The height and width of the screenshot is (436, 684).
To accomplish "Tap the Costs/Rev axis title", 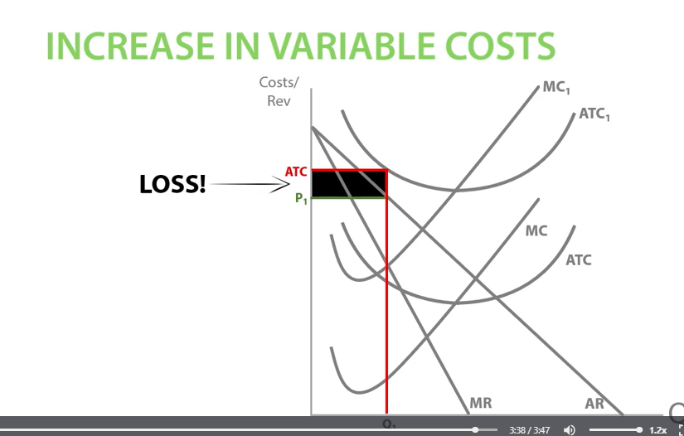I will [x=279, y=91].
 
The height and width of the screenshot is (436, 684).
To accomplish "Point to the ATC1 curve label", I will [x=594, y=114].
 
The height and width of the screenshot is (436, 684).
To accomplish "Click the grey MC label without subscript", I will [x=536, y=230].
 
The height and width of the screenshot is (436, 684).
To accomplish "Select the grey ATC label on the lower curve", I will [x=579, y=260].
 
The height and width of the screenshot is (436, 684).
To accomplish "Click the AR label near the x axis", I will [x=594, y=404].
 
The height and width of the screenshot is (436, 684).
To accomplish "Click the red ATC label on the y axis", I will [x=296, y=172].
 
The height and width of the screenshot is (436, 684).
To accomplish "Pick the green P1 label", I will [x=300, y=198].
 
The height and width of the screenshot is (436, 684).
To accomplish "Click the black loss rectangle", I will [x=349, y=184].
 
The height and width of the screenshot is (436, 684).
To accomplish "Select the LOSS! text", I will [x=172, y=185].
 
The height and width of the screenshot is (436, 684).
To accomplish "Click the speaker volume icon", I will [x=570, y=430].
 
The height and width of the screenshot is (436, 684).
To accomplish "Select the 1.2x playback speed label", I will [x=657, y=430].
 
